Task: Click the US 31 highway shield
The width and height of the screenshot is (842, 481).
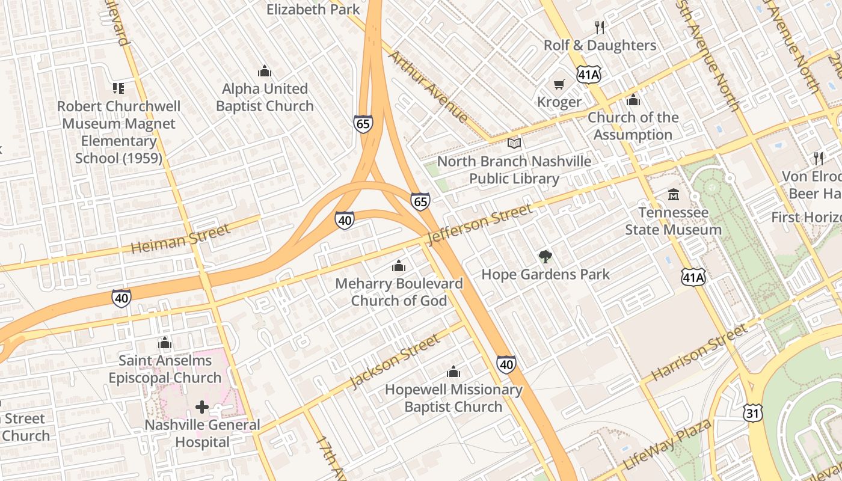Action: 752,412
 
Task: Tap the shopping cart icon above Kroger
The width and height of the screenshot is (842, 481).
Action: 559,85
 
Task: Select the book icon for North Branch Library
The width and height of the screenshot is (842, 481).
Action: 514,144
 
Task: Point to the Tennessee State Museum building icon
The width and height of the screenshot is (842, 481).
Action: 673,195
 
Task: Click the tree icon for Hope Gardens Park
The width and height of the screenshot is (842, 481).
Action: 545,257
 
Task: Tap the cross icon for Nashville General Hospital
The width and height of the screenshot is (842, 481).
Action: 202,407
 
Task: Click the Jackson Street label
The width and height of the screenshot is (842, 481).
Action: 395,362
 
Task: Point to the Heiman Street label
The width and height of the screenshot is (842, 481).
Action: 180,239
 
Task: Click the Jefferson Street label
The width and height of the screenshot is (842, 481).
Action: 479,224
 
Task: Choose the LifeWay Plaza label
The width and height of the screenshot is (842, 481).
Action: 668,446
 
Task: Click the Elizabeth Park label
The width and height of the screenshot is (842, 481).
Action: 313,9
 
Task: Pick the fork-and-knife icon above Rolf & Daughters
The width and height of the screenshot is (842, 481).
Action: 599,27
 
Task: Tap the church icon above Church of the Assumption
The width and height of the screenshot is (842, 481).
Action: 633,100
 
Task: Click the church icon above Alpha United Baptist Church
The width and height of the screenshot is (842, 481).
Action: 265,72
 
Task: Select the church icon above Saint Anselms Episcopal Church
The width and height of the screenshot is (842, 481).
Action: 165,343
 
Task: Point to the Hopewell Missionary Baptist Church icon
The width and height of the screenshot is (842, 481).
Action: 453,372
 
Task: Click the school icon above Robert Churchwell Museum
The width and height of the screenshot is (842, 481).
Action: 118,88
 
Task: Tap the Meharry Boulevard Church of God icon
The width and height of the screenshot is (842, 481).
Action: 399,266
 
